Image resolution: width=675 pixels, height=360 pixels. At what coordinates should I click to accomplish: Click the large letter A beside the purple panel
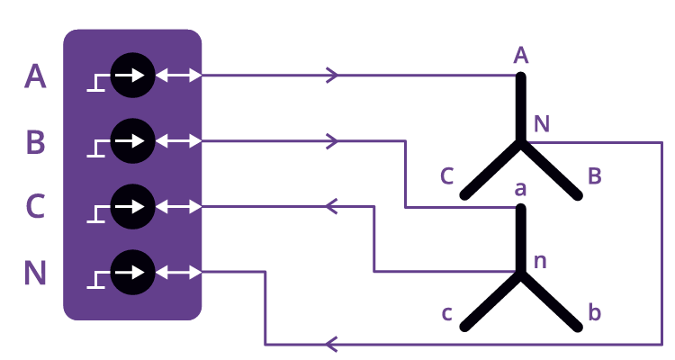(x=35, y=76)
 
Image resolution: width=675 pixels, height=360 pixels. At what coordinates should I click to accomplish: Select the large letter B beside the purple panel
(x=35, y=142)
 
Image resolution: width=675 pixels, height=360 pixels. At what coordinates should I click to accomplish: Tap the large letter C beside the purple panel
(x=35, y=207)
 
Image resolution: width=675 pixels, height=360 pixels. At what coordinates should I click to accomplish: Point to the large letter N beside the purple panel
(x=35, y=272)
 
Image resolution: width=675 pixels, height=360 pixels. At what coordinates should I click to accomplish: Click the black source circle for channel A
(x=132, y=76)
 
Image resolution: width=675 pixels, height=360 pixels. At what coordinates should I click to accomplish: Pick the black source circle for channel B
(x=132, y=141)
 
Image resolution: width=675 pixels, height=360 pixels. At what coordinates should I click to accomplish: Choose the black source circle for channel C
(x=132, y=206)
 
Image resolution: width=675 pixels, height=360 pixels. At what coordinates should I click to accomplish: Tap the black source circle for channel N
(x=132, y=271)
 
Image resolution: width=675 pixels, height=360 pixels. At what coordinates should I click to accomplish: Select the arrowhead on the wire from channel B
(x=332, y=140)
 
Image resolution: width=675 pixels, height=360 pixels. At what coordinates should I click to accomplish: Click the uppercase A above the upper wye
(x=520, y=56)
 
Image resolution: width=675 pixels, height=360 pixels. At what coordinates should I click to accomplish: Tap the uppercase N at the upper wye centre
(x=542, y=123)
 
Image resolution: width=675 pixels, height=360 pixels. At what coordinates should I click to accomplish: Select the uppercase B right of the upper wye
(x=594, y=175)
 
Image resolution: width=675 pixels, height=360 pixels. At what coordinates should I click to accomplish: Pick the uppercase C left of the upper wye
(x=447, y=175)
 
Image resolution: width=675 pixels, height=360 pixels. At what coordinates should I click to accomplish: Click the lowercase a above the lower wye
(x=520, y=190)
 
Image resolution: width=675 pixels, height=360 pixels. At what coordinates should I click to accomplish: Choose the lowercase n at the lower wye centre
(x=541, y=262)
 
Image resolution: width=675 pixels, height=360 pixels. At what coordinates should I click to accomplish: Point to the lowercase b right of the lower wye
(x=594, y=313)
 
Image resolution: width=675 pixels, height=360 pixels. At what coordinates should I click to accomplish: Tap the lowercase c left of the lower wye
(x=447, y=314)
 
